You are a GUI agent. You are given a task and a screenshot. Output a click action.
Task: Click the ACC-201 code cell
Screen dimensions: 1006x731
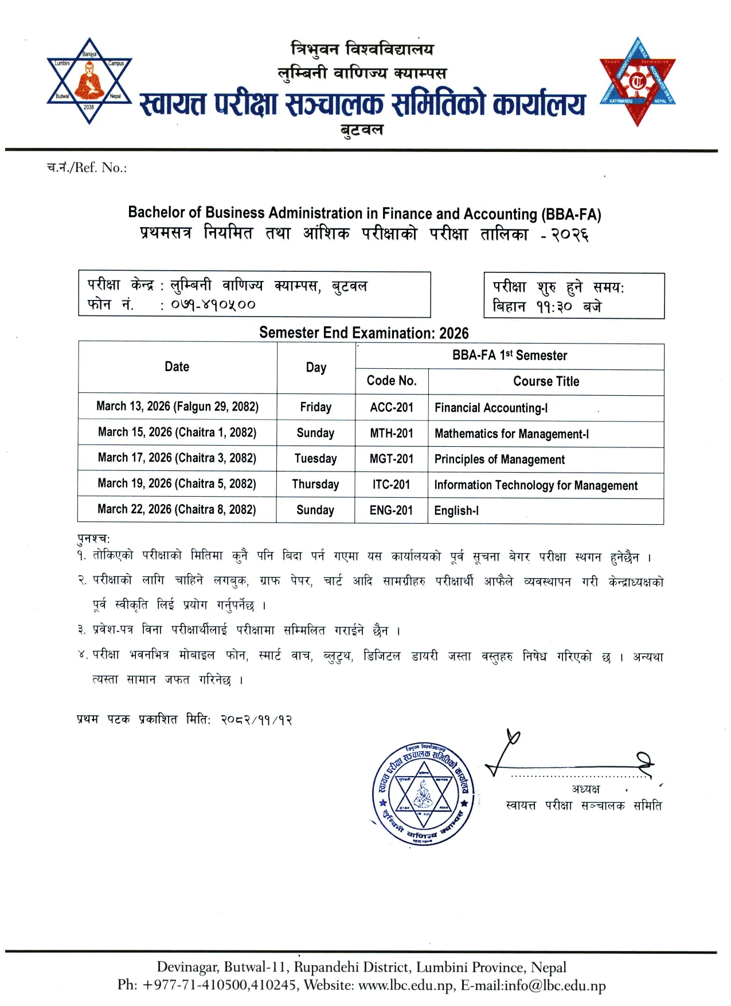392,407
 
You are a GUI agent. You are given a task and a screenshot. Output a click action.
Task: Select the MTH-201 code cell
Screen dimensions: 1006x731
392,433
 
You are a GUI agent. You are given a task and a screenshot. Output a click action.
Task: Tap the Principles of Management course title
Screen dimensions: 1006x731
499,459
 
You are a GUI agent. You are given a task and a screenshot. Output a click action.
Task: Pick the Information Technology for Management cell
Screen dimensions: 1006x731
535,485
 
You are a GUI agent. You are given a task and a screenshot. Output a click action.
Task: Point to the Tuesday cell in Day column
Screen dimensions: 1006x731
315,458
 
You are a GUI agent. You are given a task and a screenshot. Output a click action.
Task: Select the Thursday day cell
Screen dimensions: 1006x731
315,484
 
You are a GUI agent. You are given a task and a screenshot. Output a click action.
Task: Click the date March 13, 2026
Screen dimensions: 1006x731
177,407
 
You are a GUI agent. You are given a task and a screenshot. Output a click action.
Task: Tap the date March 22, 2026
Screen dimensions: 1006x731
177,509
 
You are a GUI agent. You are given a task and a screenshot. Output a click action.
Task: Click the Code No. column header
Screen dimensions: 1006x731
392,381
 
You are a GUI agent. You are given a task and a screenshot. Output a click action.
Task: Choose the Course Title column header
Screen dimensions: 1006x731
546,381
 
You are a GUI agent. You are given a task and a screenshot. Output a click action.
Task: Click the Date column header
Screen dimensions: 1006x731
177,367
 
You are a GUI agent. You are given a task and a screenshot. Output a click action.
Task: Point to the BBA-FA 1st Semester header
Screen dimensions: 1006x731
509,356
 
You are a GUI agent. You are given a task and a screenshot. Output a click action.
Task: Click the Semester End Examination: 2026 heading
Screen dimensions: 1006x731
363,333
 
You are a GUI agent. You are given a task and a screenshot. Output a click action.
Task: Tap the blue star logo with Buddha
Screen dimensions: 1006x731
89,81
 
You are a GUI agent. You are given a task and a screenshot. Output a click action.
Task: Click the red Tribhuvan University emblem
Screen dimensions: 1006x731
637,81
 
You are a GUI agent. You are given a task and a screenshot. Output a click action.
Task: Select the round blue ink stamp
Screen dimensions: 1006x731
423,793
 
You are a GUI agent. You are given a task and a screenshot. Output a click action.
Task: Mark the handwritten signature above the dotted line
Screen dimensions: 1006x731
568,757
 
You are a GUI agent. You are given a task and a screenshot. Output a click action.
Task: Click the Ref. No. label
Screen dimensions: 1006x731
87,167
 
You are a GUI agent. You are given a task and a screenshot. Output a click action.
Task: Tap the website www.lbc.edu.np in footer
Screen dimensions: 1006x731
405,985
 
